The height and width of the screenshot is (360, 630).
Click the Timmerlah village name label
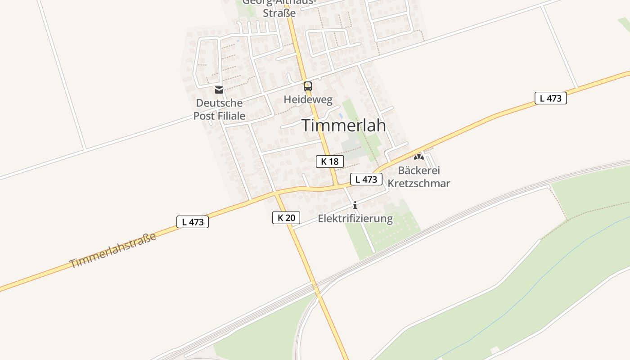coord(343,125)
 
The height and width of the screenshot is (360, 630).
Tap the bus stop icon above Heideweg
coord(308,86)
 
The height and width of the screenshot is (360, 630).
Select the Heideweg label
coord(308,99)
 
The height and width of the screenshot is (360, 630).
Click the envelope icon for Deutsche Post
coord(219,90)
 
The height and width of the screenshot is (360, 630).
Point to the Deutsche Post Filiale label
coord(220,109)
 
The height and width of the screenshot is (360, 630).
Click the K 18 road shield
coord(330,162)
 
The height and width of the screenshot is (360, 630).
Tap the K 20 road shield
coord(286,218)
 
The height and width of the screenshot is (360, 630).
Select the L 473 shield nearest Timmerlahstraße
coord(193,222)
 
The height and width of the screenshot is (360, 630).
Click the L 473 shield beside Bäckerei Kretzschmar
coord(366,179)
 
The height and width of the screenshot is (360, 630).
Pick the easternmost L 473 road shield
coord(550,98)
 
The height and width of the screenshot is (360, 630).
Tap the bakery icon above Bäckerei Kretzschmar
coord(419,157)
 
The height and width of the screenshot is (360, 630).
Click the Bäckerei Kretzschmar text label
coord(419,177)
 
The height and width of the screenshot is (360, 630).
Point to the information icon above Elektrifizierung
coord(355,205)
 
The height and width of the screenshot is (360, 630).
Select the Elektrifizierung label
coord(355,219)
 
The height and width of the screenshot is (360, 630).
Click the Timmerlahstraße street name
coord(113,250)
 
